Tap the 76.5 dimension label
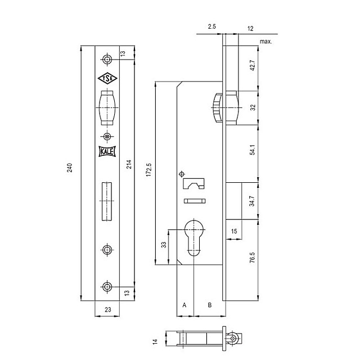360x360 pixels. [253, 259]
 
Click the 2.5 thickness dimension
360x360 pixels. [211, 26]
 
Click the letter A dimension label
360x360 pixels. [184, 305]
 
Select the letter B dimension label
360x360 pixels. [209, 305]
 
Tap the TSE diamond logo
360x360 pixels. [107, 79]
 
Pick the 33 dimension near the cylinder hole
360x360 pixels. [163, 245]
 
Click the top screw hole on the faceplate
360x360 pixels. [107, 60]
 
